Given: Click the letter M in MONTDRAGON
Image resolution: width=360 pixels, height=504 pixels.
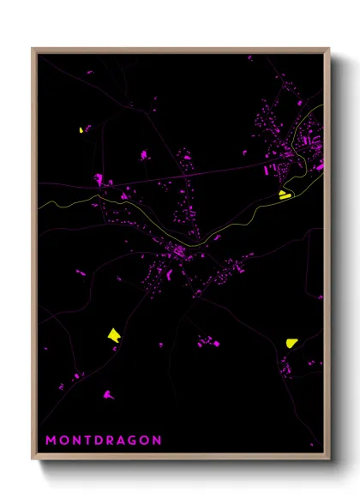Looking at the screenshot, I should click(x=51, y=441).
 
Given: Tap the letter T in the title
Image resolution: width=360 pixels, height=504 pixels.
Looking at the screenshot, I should click(x=87, y=441).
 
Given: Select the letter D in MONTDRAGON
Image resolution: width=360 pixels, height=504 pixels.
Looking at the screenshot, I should click(x=99, y=441).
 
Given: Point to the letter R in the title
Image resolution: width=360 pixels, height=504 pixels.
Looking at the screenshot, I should click(x=111, y=441).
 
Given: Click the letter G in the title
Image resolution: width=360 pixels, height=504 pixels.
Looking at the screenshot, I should click(x=135, y=441).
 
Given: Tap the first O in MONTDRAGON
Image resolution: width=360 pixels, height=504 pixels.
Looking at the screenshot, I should click(x=63, y=441).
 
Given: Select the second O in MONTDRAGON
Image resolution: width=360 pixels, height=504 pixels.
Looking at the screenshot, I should click(x=146, y=441).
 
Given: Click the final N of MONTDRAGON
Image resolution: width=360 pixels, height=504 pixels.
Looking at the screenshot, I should click(x=157, y=441).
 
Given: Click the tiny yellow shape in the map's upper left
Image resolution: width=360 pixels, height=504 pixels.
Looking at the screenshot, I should click(x=81, y=130).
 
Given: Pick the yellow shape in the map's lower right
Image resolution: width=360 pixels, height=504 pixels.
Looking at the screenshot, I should click(x=291, y=342).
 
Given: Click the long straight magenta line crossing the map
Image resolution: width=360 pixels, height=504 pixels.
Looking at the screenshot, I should click(x=197, y=175).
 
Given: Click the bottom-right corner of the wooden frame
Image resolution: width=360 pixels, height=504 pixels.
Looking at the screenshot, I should click(x=329, y=457).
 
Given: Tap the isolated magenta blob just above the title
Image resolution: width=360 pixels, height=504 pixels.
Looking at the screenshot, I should click(x=108, y=395).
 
